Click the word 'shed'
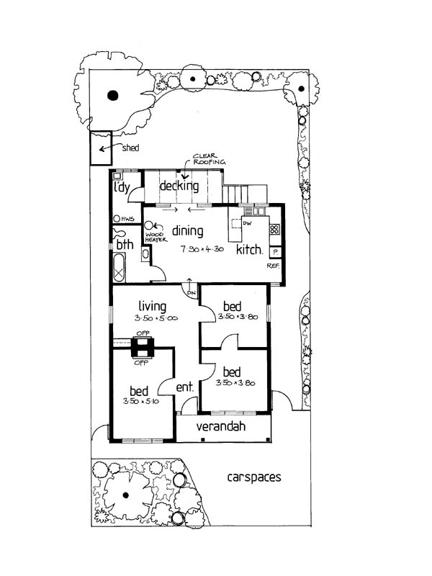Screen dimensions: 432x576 click(x=130, y=148)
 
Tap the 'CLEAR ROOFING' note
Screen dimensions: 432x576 click(x=210, y=158)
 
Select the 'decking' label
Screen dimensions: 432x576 click(x=179, y=186)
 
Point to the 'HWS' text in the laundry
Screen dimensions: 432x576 click(x=128, y=219)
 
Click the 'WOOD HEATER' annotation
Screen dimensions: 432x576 click(x=156, y=237)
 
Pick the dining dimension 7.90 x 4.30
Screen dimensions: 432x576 click(x=202, y=248)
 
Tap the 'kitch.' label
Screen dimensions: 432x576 click(x=249, y=249)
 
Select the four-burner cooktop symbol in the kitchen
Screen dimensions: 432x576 click(x=274, y=230)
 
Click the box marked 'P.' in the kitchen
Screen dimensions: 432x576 click(x=275, y=253)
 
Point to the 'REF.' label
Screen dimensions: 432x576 click(x=274, y=266)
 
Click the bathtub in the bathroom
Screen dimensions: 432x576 click(x=119, y=267)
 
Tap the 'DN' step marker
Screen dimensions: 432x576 click(x=192, y=293)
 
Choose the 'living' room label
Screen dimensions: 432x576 click(x=152, y=306)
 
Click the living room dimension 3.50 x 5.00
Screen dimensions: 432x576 click(x=156, y=318)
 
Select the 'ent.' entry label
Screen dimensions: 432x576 click(x=185, y=387)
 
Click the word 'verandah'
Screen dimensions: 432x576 click(x=221, y=426)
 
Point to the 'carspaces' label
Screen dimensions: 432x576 click(x=254, y=477)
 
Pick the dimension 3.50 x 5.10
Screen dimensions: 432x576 click(x=141, y=401)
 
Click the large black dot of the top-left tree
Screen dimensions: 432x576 click(x=113, y=96)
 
